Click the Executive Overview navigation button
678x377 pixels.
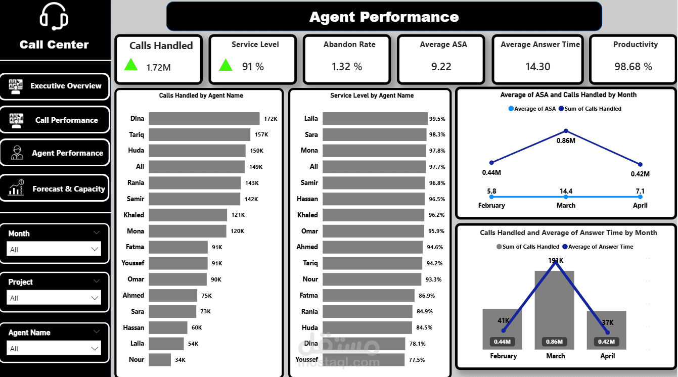[x=55, y=86]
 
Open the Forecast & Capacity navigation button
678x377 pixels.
[x=55, y=188]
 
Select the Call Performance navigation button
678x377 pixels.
[x=55, y=120]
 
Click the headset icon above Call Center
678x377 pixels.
[x=54, y=16]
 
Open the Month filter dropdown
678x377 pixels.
[x=54, y=249]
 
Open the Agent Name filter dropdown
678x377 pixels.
[x=54, y=348]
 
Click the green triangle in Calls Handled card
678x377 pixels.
[x=131, y=64]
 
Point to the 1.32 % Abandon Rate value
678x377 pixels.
[x=347, y=67]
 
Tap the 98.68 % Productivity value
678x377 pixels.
[x=634, y=67]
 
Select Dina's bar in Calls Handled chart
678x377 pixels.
[x=204, y=119]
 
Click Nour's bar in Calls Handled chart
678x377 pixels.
[x=160, y=360]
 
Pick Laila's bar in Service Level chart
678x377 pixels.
[x=375, y=119]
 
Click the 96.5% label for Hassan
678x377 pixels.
[x=437, y=199]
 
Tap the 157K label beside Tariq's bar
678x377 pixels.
[x=261, y=135]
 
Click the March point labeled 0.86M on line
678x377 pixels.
[x=566, y=131]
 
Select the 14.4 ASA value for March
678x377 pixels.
[x=566, y=192]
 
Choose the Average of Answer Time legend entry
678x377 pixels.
[x=601, y=247]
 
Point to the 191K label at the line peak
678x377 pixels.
[x=556, y=261]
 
